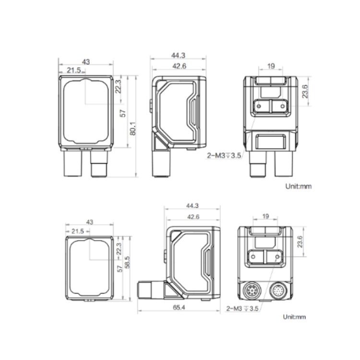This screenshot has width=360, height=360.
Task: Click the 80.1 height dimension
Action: (133, 128)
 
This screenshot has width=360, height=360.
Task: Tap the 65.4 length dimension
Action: (179, 307)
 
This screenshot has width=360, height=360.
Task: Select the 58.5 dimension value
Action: (127, 262)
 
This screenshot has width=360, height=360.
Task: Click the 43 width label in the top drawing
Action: (86, 62)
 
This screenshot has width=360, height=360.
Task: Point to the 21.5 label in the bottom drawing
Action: (78, 231)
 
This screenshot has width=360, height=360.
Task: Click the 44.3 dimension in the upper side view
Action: (178, 55)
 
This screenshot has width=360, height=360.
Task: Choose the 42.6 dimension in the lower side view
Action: (193, 217)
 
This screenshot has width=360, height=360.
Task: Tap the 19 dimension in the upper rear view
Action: (271, 66)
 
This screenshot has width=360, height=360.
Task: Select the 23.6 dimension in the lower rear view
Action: (300, 241)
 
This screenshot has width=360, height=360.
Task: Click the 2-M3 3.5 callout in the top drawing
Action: (224, 156)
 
